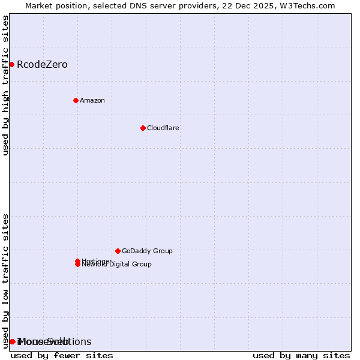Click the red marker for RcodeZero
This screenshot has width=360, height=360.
[11, 64]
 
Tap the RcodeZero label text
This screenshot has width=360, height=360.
[42, 65]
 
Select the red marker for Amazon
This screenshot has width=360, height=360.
[76, 100]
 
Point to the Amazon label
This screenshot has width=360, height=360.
[92, 100]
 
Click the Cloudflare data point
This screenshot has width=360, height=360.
[143, 128]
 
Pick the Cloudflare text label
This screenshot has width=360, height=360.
[163, 128]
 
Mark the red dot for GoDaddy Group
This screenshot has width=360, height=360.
[118, 251]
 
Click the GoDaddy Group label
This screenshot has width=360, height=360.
[147, 251]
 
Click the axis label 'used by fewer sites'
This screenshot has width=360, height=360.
[62, 355]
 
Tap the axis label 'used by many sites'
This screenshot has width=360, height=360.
[301, 355]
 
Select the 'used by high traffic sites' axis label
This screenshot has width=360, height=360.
[5, 85]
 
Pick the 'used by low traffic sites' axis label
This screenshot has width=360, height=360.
[5, 280]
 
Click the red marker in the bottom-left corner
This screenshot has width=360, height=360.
[12, 341]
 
